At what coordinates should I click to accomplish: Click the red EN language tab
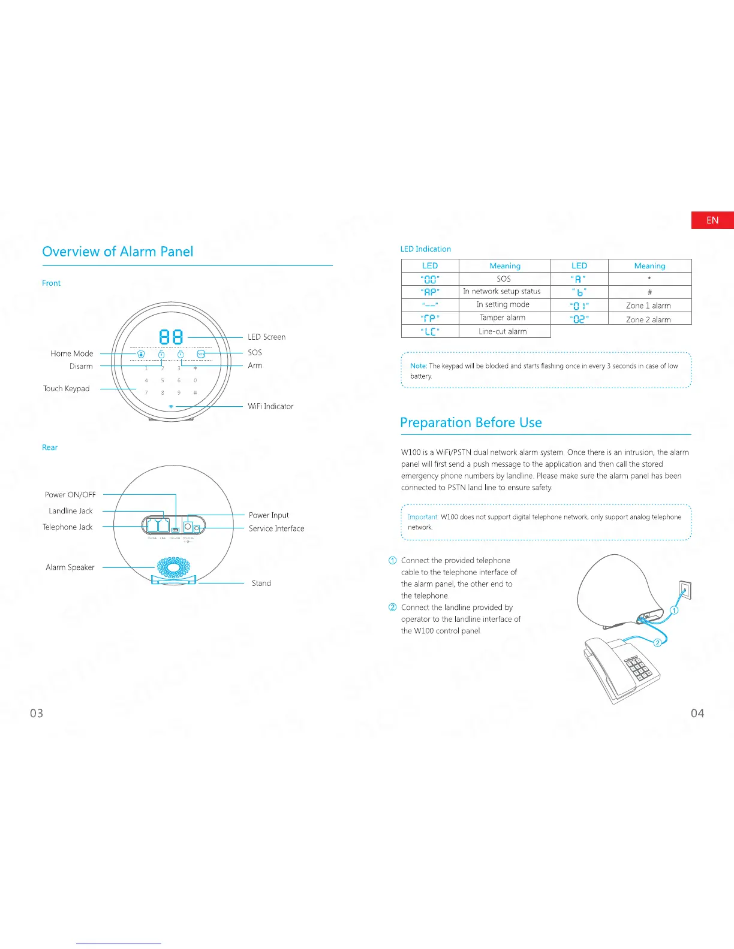712,220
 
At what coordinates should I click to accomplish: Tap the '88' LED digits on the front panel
171,337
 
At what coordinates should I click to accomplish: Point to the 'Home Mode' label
72,353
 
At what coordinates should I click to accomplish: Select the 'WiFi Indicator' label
270,406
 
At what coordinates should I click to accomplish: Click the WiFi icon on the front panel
172,406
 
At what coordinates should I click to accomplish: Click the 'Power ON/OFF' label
70,495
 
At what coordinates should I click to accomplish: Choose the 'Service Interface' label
276,528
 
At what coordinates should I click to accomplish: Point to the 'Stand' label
261,583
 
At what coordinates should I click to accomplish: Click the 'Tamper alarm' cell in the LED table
503,318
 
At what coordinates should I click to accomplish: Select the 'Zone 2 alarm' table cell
648,319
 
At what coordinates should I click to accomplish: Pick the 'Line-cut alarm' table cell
503,331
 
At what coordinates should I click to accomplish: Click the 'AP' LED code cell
430,292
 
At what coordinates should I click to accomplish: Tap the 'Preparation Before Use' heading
471,423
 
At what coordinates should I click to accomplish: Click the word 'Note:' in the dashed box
419,365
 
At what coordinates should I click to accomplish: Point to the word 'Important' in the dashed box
423,516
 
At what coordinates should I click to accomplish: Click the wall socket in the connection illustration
684,590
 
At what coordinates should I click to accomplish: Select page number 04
697,713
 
